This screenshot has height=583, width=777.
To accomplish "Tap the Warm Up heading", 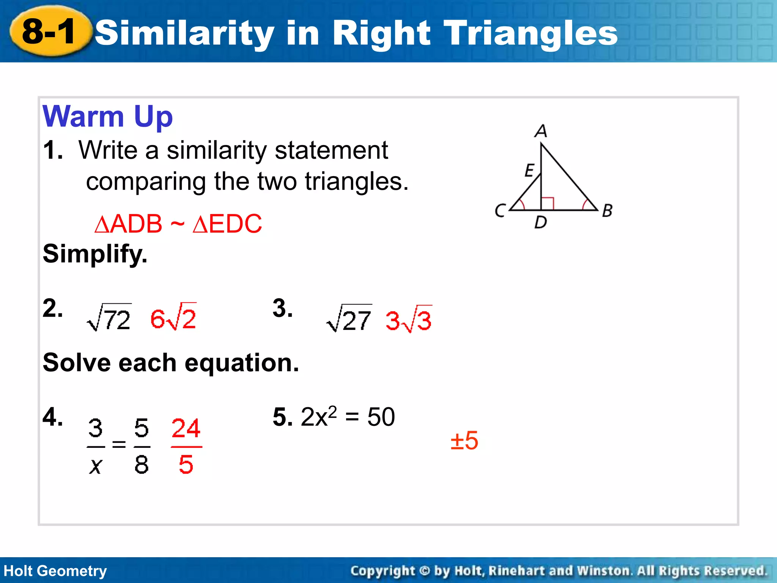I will coord(108,117).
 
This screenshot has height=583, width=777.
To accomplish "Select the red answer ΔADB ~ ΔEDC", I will coord(178,224).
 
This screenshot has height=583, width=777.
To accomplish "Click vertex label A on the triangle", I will coord(541,131).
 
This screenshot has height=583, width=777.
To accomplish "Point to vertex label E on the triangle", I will coord(530,170).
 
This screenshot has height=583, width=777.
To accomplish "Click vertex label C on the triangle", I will coord(500,210).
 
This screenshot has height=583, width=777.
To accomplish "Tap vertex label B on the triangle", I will coord(607,210).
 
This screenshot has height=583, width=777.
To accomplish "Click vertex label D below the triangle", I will coord(541,222).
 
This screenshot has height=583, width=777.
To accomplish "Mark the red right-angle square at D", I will coord(547,203).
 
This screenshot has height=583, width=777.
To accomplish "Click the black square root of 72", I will coord(110,318).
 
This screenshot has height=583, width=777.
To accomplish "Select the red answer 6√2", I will coord(173,317).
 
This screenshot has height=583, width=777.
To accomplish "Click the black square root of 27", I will coord(349,319).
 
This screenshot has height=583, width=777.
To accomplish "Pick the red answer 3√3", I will coord(409,320).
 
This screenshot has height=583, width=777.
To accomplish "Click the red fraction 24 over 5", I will coord(186,446).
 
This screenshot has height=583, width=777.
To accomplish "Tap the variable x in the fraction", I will coord(96,466).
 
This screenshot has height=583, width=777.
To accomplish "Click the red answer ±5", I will coord(464,441).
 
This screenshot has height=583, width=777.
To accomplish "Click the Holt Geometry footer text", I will coord(55,571).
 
